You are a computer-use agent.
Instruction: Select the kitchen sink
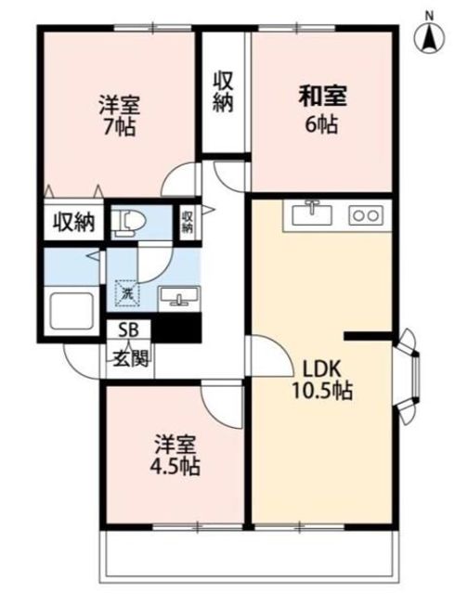coord(312,213)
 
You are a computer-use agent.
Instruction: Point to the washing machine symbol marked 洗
coord(127,292)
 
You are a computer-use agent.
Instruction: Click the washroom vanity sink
coord(179,297)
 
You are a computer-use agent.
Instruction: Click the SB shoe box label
coord(128,330)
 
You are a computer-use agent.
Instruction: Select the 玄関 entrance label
coord(130,357)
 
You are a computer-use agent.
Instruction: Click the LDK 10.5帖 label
coord(321,380)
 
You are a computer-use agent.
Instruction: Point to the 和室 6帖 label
coord(321,110)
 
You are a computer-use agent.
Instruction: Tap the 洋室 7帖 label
coord(119,115)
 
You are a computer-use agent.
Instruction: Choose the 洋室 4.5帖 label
coord(175,456)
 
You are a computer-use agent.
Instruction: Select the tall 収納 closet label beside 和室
coord(223,92)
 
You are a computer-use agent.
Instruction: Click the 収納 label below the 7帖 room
coord(73,222)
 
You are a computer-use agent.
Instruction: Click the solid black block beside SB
coord(176,328)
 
